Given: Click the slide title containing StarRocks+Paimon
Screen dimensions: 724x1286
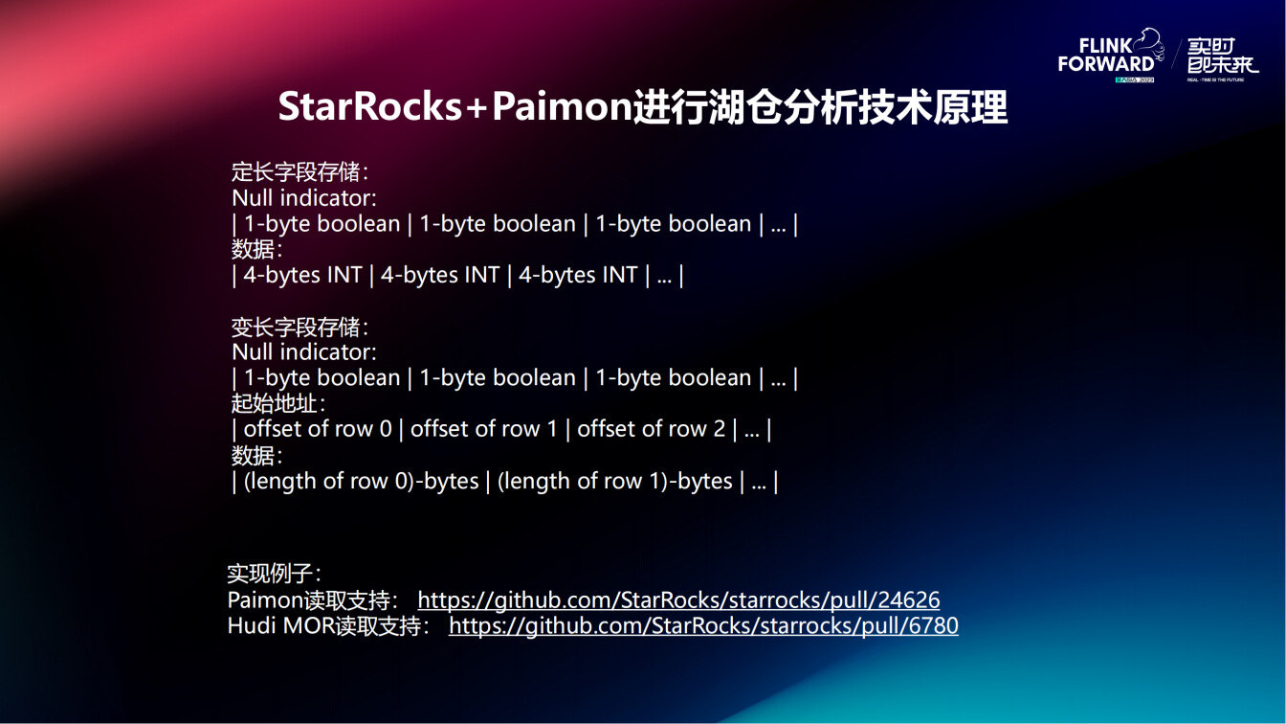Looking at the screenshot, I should pos(642,107).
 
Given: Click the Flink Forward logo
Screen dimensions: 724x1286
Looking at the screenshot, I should pos(1106,57).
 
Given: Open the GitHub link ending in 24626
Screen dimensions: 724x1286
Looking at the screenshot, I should pos(678,600).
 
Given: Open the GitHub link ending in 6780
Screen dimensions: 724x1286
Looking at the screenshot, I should pos(703,626).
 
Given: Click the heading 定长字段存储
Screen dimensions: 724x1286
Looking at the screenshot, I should pos(299,172).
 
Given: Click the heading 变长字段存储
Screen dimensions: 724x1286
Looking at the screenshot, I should pos(299,327).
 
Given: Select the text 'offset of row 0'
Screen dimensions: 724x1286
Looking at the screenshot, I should pos(318,429).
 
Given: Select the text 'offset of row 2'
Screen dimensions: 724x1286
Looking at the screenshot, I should pos(651,429).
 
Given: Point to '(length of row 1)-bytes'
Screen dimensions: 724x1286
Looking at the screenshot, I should pos(614,481).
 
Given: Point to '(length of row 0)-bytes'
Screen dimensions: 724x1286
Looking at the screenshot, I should pos(361,481).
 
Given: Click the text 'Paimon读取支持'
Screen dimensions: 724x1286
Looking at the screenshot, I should pos(311,600).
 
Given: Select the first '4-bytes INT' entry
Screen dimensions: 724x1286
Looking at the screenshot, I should pos(302,275).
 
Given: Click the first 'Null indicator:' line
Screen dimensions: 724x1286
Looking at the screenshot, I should pos(303,198).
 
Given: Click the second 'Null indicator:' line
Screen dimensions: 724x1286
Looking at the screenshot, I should pos(303,352).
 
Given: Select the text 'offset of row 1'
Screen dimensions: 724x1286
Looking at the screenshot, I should pos(483,429).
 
